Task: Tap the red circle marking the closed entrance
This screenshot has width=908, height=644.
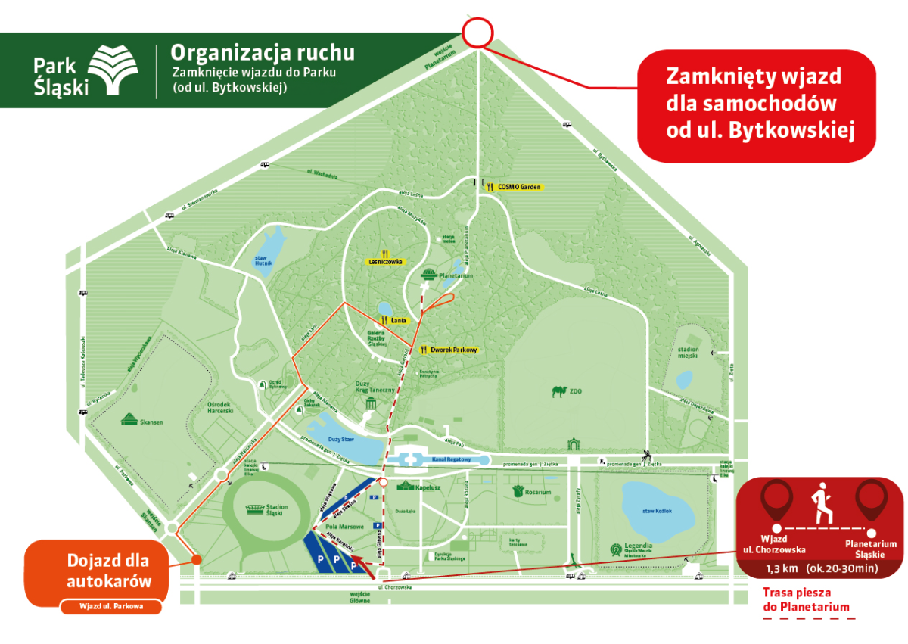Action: click(477, 33)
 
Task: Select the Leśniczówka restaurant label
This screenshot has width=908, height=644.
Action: click(386, 261)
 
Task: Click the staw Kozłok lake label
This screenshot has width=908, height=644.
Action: click(658, 511)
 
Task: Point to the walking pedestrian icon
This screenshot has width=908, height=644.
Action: click(822, 502)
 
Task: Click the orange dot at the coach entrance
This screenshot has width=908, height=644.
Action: click(196, 559)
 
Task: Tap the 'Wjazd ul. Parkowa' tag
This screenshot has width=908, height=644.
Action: click(110, 606)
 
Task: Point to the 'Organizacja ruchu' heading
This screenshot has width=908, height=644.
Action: click(262, 53)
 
